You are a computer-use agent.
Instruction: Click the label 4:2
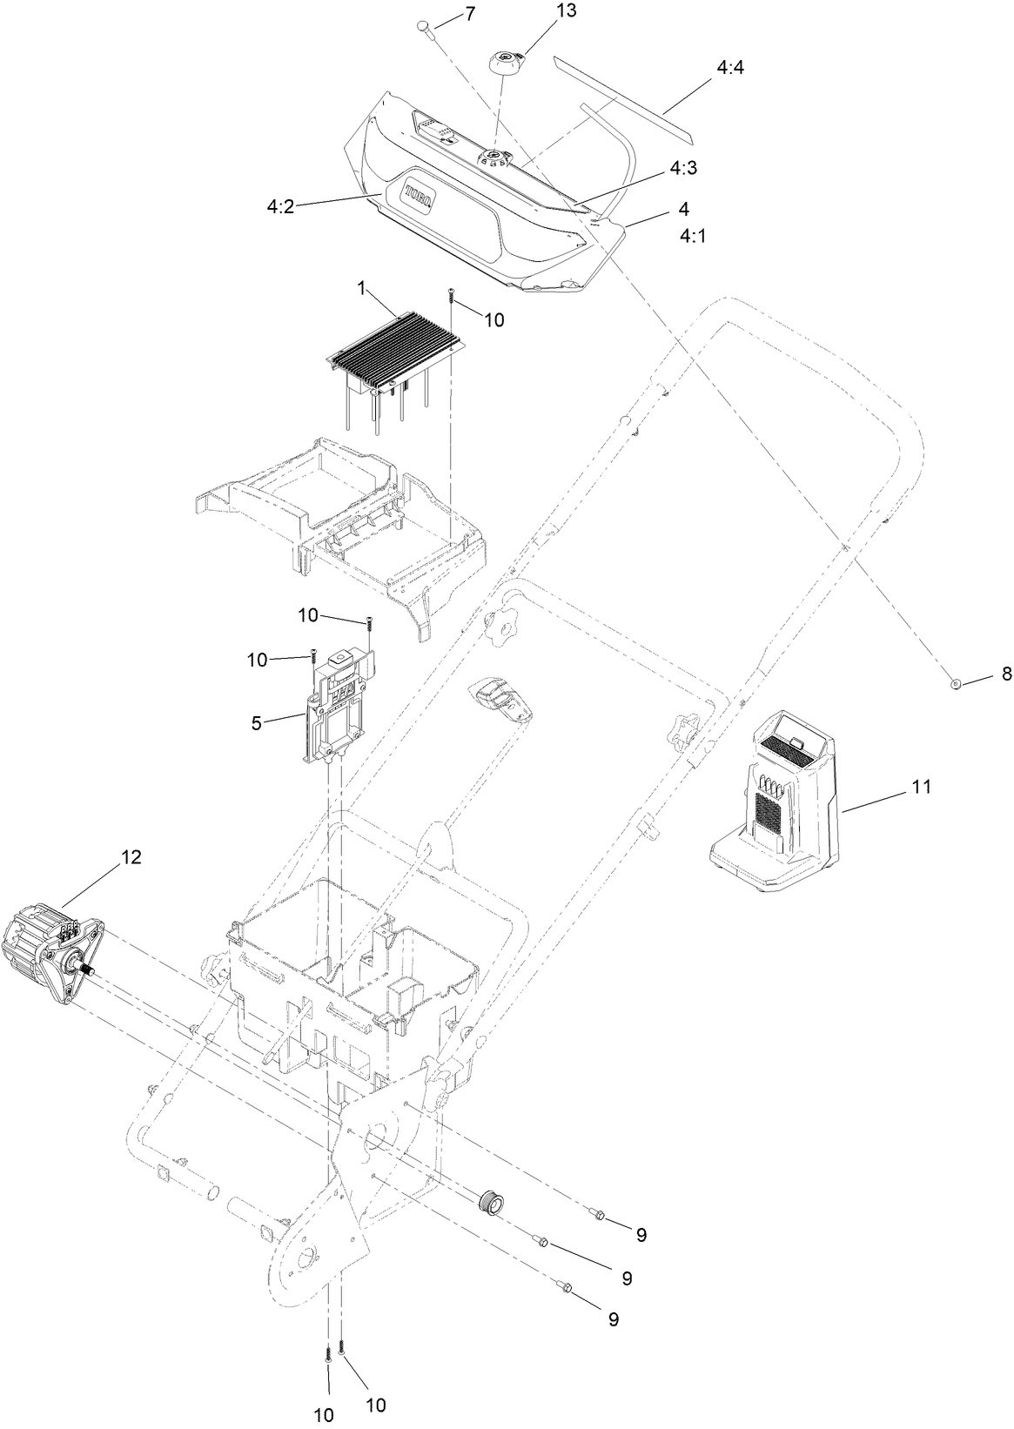coord(281,207)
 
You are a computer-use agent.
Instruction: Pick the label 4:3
coord(683,169)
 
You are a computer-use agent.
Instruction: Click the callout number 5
coord(256,723)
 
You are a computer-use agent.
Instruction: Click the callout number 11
coord(921,786)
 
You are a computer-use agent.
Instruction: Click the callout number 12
coord(131,856)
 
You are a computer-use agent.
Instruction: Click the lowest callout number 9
coord(613,1319)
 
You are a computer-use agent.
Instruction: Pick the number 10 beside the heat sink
coord(494,319)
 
